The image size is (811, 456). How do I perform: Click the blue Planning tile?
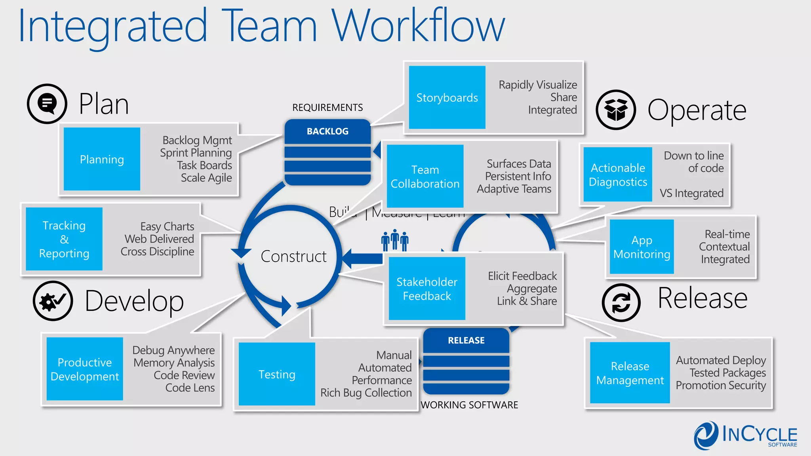[102, 159]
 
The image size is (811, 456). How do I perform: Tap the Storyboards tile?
[447, 97]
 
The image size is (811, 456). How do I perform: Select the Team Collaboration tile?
[425, 176]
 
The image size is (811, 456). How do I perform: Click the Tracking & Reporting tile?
[64, 239]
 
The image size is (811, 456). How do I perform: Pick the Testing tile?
[277, 374]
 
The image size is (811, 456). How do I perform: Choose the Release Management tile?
[630, 372]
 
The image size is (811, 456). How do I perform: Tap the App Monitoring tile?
[642, 247]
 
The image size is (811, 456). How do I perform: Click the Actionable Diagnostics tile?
[618, 175]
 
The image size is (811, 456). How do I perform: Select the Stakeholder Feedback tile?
[427, 288]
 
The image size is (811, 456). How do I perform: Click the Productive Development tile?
[85, 369]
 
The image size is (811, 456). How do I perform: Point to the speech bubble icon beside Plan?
[47, 104]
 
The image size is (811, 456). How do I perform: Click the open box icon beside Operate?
[616, 110]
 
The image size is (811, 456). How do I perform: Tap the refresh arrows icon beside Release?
[621, 303]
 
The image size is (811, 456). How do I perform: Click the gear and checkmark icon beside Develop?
[53, 301]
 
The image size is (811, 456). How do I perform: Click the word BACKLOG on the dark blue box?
[327, 131]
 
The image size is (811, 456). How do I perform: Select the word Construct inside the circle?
[293, 256]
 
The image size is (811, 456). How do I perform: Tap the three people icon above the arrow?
[394, 240]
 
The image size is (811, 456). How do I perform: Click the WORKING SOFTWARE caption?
[469, 405]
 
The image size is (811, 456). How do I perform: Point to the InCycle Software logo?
[745, 435]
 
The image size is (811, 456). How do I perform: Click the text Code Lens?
[190, 388]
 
